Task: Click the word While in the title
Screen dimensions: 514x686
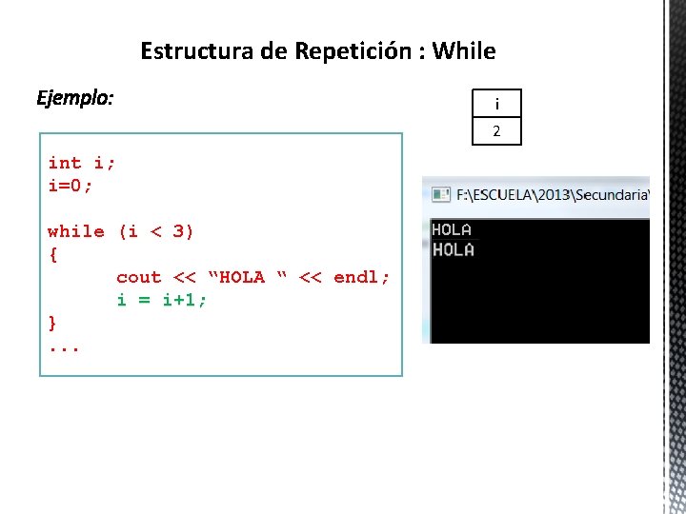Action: click(464, 50)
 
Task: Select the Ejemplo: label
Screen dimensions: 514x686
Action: click(75, 97)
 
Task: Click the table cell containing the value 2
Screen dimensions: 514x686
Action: click(496, 131)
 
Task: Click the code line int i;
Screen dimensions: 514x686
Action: click(82, 163)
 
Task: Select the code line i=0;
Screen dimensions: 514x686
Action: click(71, 186)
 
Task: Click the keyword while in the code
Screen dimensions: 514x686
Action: click(76, 231)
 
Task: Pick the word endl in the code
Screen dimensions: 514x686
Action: click(355, 277)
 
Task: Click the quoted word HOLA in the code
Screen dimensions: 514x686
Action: click(242, 277)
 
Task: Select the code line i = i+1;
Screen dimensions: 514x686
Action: click(162, 300)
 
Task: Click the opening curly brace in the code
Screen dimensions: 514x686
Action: click(52, 254)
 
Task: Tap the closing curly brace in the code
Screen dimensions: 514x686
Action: click(52, 323)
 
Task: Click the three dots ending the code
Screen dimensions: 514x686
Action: click(64, 347)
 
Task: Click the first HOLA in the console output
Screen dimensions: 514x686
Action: click(453, 229)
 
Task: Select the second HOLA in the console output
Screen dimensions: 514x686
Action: click(453, 249)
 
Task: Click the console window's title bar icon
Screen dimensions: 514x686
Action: click(441, 195)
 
